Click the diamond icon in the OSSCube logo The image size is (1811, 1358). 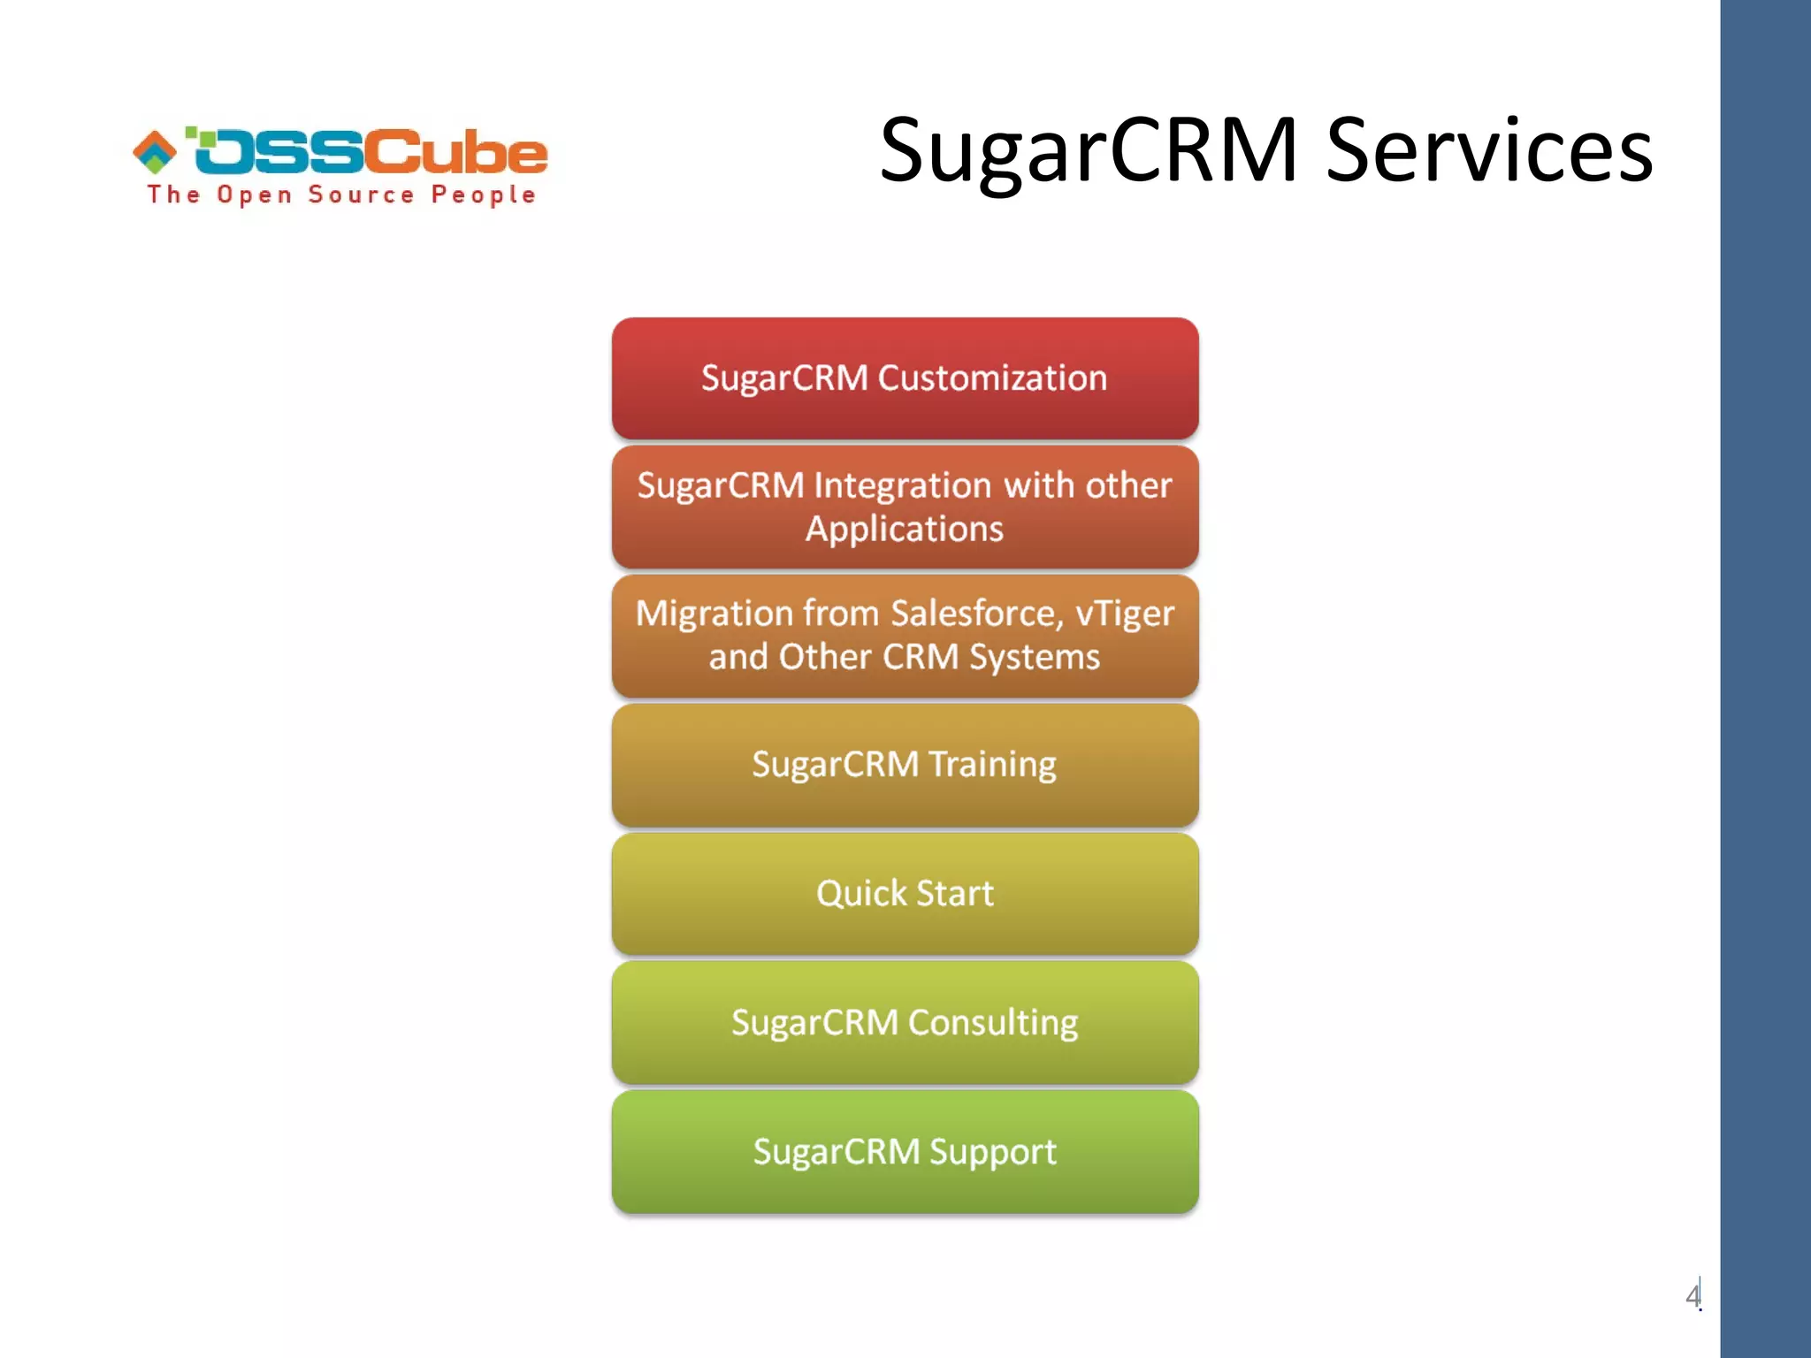click(x=155, y=151)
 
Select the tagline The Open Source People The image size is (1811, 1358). click(x=341, y=195)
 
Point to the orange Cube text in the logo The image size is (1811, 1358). click(x=456, y=151)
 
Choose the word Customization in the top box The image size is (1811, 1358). click(x=992, y=378)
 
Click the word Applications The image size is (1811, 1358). click(x=905, y=530)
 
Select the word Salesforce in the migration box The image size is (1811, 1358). click(x=976, y=614)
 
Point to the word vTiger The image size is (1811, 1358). click(x=1125, y=614)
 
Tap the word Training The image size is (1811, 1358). click(x=992, y=765)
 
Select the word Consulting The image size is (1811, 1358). click(x=993, y=1023)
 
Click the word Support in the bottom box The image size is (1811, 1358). click(x=993, y=1152)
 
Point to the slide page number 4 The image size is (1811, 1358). click(x=1692, y=1296)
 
